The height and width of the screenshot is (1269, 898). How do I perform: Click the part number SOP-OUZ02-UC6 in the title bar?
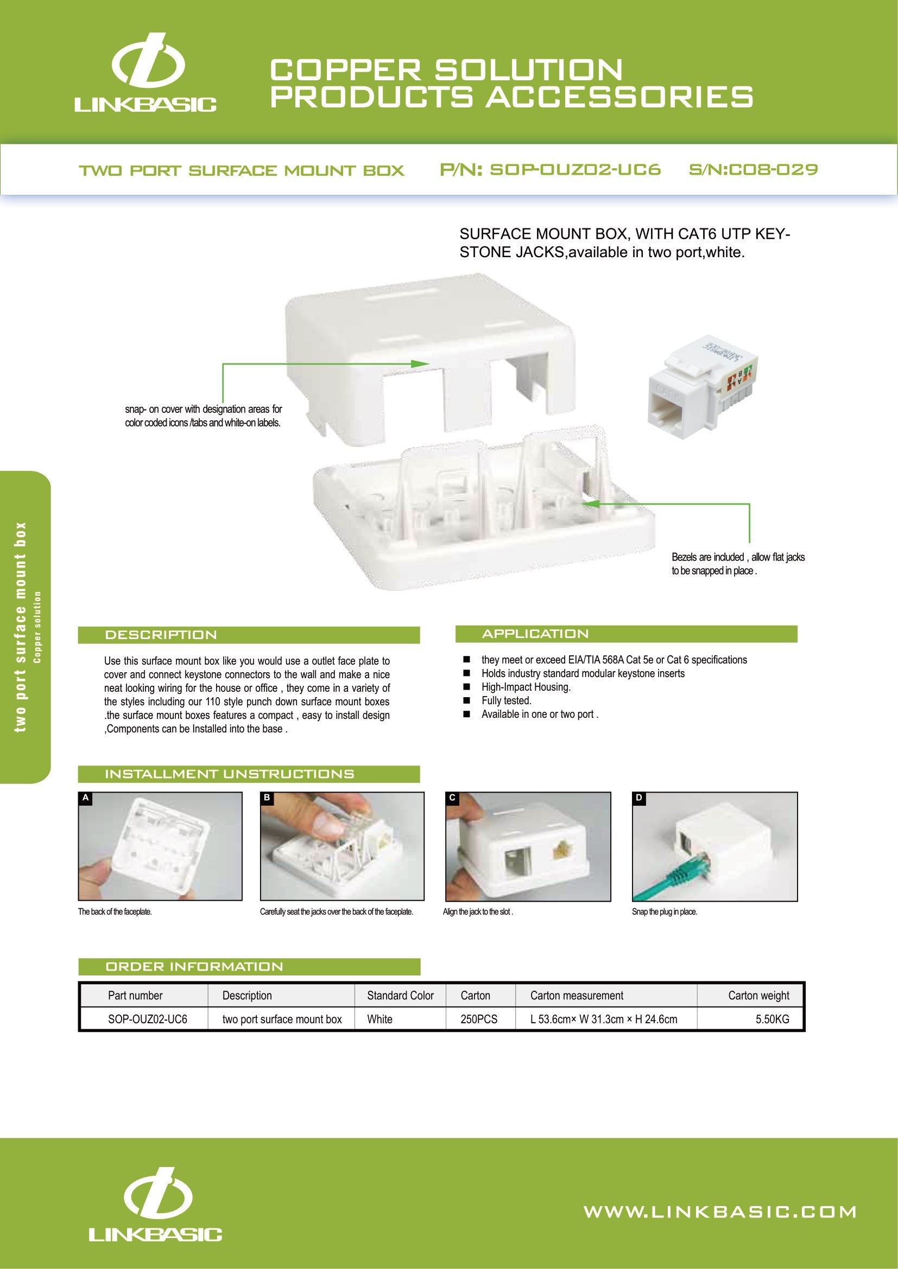[550, 170]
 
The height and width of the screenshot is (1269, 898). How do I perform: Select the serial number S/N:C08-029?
[753, 170]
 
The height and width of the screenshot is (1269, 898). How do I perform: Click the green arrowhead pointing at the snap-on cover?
[421, 363]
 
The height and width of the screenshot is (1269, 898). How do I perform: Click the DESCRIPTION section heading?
[161, 635]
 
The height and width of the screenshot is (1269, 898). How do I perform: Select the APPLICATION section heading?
[535, 634]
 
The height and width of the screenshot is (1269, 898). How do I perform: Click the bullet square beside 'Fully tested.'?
[467, 701]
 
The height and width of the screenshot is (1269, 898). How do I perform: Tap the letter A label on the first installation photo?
[85, 798]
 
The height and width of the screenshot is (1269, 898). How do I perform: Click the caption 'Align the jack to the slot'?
[478, 912]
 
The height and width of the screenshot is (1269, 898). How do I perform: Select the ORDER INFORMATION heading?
[194, 967]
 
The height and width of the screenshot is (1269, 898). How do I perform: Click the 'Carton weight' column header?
[758, 996]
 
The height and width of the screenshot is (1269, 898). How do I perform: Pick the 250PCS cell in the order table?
[479, 1019]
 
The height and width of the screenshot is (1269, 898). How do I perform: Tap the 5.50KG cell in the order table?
[772, 1019]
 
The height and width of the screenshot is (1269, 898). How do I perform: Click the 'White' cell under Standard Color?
[380, 1019]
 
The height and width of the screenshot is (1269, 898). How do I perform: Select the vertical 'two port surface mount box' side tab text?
[21, 627]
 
